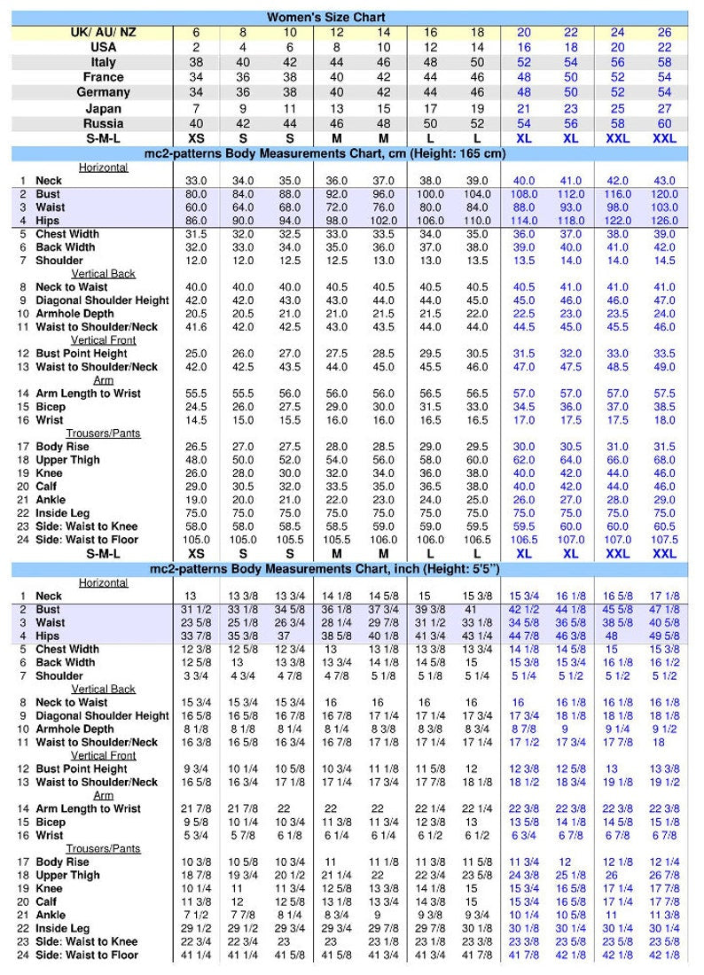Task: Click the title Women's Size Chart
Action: click(x=325, y=17)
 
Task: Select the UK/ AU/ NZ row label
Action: click(x=104, y=32)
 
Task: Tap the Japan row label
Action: click(x=104, y=108)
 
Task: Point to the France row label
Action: click(x=104, y=77)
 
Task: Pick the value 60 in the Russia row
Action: click(x=664, y=123)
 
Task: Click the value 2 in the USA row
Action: click(x=196, y=47)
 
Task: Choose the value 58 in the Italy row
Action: click(x=664, y=62)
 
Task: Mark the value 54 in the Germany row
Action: click(x=664, y=92)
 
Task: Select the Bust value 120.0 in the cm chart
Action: click(x=664, y=194)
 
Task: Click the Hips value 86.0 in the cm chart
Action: click(x=196, y=221)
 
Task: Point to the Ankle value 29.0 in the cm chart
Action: click(x=664, y=500)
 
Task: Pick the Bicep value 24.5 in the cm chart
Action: click(x=196, y=407)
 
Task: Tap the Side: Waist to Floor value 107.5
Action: click(x=664, y=540)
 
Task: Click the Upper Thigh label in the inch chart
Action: click(x=68, y=875)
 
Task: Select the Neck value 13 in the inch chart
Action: click(x=190, y=597)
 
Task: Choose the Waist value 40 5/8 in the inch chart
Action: click(x=664, y=623)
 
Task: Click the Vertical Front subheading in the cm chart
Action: click(x=103, y=340)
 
